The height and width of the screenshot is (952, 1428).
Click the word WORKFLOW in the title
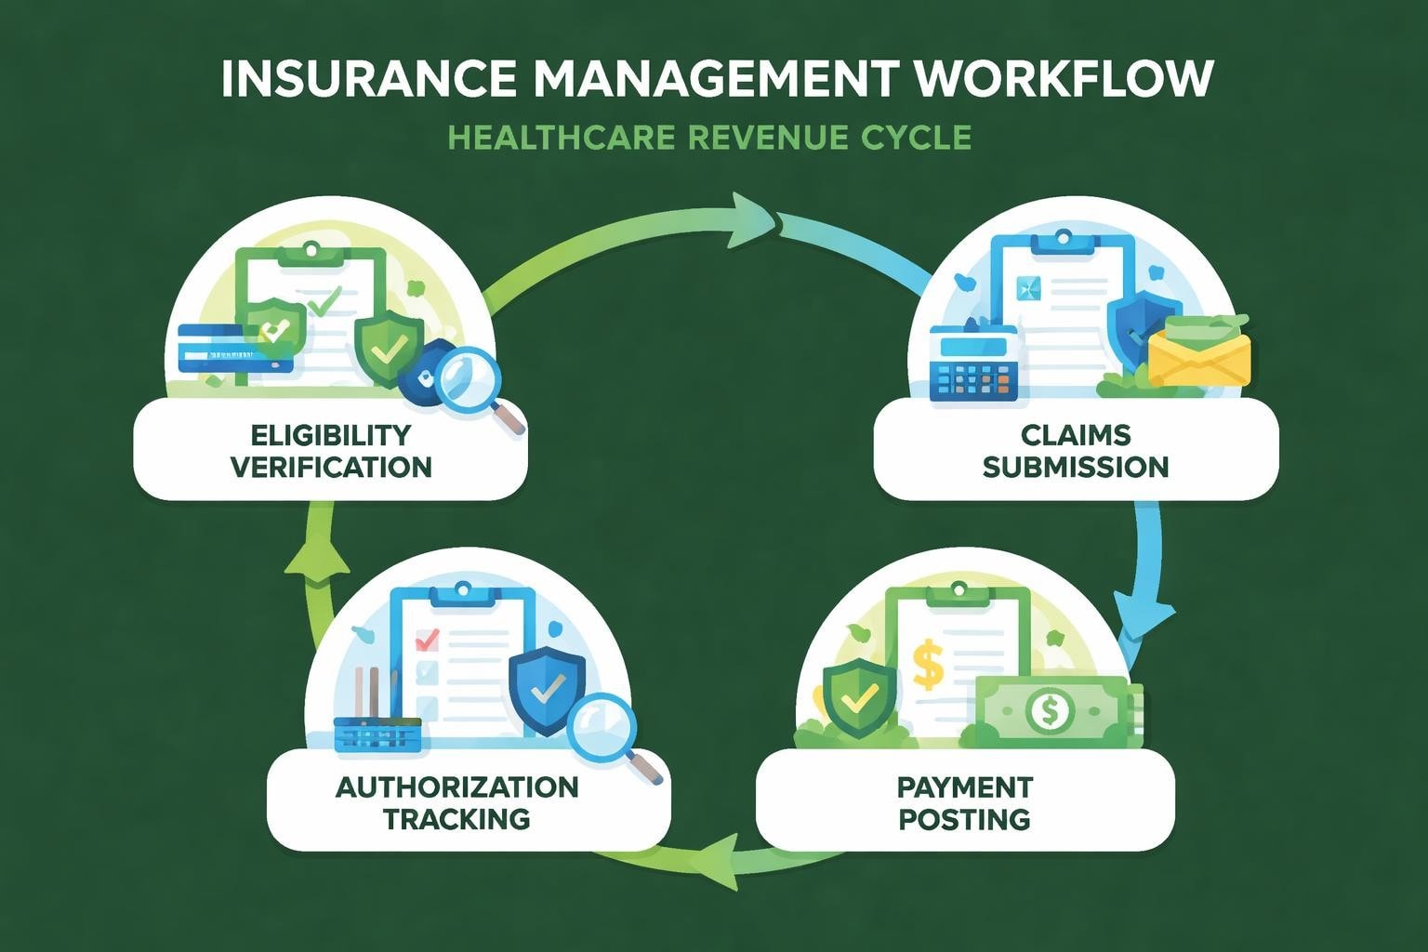pos(1064,79)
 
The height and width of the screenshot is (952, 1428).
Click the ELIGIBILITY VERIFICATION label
pos(331,450)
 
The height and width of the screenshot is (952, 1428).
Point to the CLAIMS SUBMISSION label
pos(1076,450)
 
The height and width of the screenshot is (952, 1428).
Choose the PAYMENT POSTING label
pos(964,803)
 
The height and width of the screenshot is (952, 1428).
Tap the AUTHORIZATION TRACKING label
pos(456,803)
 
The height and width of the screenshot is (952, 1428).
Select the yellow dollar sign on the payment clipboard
pos(928,661)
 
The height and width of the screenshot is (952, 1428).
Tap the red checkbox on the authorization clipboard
pos(427,640)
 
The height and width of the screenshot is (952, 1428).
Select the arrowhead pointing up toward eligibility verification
pos(316,558)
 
